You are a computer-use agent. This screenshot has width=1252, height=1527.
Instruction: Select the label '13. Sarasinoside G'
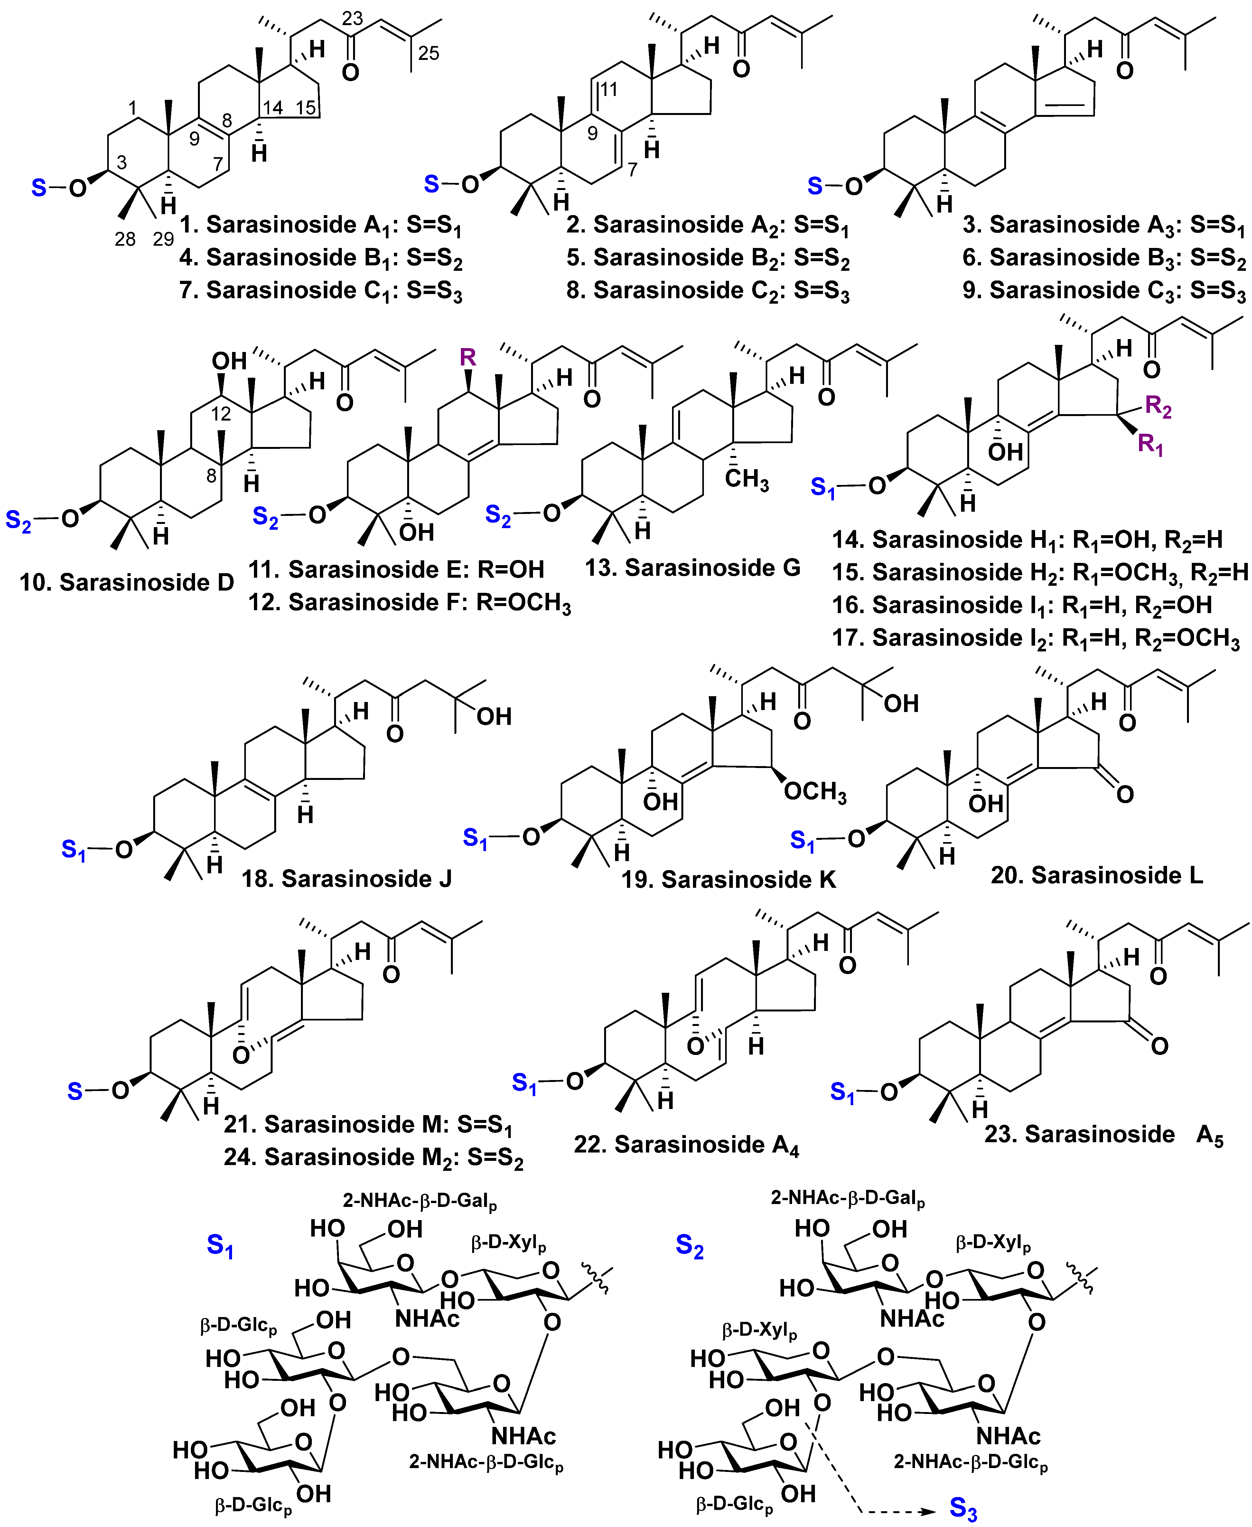point(692,568)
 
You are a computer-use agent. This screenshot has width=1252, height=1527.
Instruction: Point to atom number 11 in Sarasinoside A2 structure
point(609,90)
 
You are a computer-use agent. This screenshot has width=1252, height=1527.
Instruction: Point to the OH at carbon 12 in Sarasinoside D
point(229,361)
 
